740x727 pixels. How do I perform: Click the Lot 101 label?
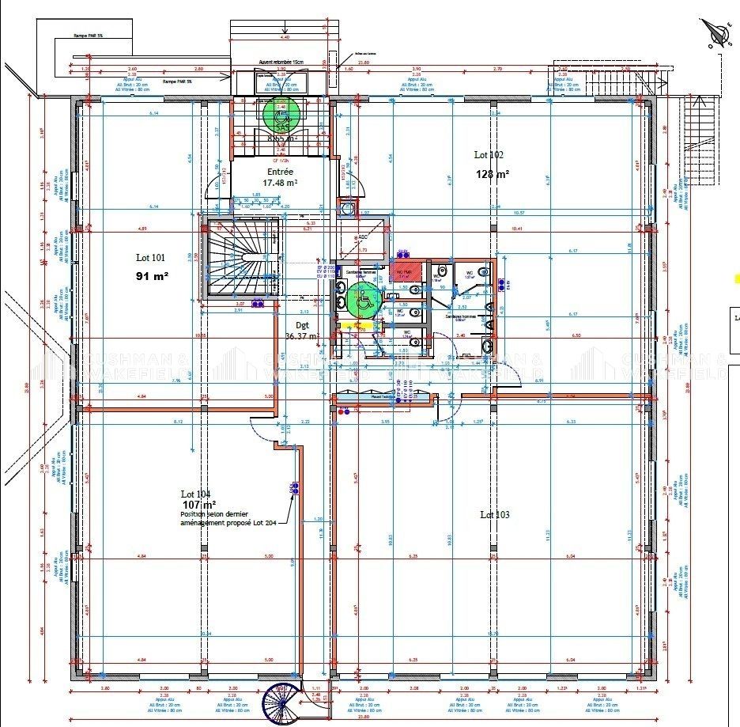[x=150, y=257]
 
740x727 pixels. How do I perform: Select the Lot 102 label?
[x=489, y=156]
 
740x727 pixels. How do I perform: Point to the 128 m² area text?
[x=492, y=174]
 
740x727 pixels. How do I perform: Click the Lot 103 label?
[x=495, y=515]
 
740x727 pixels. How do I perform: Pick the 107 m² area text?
[x=198, y=504]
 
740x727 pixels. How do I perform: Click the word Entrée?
[x=280, y=171]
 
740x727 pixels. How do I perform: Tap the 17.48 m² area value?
[x=280, y=183]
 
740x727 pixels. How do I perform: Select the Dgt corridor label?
[x=302, y=324]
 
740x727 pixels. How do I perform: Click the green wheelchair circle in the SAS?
[x=280, y=113]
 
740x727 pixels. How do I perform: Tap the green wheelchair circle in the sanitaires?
[x=363, y=299]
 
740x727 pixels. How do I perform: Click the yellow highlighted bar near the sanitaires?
[x=363, y=325]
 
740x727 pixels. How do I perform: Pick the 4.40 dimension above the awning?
[x=285, y=36]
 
